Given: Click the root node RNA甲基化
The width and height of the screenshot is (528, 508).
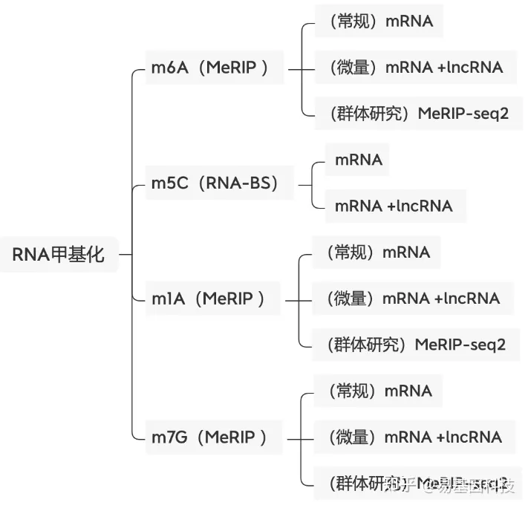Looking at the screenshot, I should coord(59,255).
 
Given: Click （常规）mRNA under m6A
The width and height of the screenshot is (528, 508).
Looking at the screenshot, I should coord(379,22).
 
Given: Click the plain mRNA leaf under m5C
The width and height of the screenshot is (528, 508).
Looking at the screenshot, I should coord(359,160).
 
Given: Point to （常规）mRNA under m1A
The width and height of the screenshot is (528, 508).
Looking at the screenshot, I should coord(376,253).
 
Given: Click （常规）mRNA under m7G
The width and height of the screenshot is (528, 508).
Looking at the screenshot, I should coord(377,391).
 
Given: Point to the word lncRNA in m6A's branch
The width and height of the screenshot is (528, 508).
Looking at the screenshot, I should coord(476,68).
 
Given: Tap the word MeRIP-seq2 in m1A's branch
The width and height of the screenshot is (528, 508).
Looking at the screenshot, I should coord(460,345).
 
